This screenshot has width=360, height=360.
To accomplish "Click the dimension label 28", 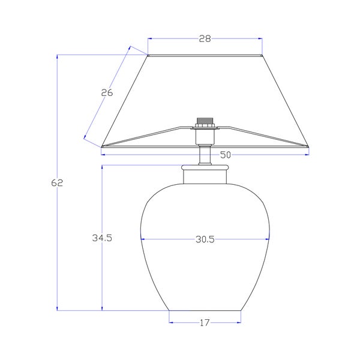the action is tap(205, 38).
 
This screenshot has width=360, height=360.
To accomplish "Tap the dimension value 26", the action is tap(107, 92).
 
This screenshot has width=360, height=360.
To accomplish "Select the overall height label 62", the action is tap(57, 183).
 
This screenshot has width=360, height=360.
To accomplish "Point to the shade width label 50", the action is tap(225, 155).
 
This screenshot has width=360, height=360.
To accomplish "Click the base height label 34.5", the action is tap(102, 238).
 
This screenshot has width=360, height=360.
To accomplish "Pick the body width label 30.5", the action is tap(205, 239).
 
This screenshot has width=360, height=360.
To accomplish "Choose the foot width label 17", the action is tap(205, 323).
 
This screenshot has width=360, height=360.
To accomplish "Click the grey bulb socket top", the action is tap(205, 121).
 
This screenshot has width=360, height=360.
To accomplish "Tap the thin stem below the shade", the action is tap(205, 155).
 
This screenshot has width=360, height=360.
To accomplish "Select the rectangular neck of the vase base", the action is tap(205, 176).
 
